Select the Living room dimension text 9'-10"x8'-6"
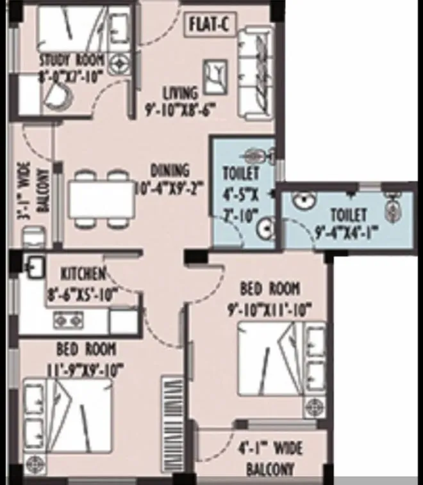179,109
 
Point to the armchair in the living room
214,76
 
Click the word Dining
169,171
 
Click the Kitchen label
83,274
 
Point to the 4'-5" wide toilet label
240,173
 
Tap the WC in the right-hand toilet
393,206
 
